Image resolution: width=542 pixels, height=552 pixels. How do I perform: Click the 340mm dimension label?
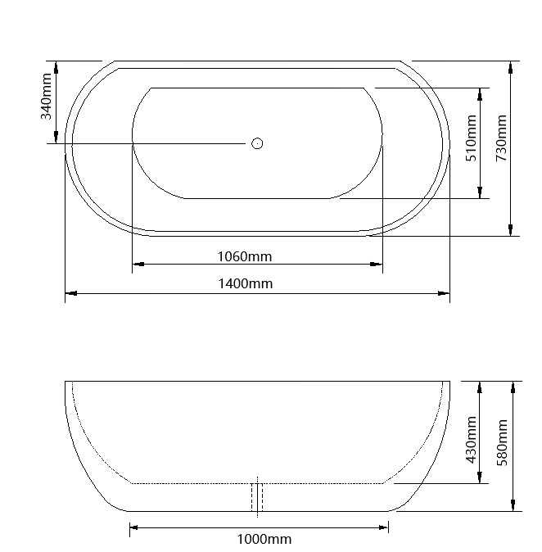pos(47,96)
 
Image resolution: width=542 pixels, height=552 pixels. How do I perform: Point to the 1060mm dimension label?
pos(244,256)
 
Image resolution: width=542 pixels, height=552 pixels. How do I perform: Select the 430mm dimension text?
pos(471,439)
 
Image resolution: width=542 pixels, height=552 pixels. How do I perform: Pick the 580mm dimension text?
pos(502,440)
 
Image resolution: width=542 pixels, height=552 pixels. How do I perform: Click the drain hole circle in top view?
pos(257,143)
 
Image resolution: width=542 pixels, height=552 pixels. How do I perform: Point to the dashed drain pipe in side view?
pos(257,496)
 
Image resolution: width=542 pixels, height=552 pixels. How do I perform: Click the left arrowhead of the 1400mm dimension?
pos(70,292)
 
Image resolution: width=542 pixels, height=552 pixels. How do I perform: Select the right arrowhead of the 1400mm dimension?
pos(444,292)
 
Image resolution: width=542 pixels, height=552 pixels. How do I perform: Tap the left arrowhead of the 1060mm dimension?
pos(138,265)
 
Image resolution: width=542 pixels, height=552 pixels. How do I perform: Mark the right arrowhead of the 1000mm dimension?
pos(383,528)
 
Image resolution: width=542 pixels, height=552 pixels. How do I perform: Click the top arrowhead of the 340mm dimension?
pos(56,66)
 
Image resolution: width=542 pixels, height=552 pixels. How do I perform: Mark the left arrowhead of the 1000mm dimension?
pos(135,528)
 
